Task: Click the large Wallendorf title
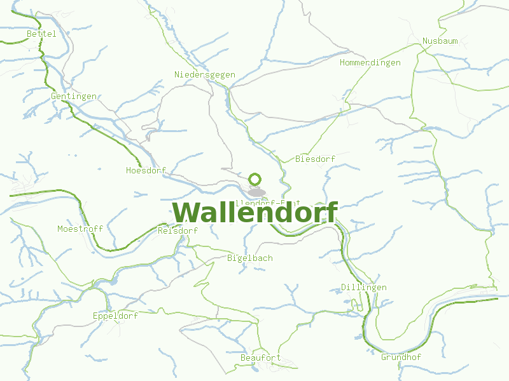[x=254, y=213]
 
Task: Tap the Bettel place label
[x=42, y=34]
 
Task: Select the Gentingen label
[x=74, y=97]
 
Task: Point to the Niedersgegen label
[x=205, y=75]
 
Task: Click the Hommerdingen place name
[x=370, y=63]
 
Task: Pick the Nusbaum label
[x=440, y=41]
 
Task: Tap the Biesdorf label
[x=315, y=159]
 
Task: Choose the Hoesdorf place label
[x=146, y=171]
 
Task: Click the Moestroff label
[x=80, y=229]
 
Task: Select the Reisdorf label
[x=178, y=231]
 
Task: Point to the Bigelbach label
[x=250, y=258]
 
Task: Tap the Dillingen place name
[x=364, y=288]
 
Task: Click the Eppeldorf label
[x=115, y=316]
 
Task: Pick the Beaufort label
[x=261, y=358]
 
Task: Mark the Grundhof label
[x=401, y=357]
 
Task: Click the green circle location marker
[x=256, y=180]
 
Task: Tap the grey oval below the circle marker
[x=256, y=192]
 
